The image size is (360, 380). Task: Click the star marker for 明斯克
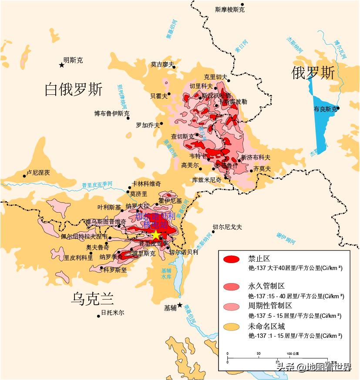point(61,65)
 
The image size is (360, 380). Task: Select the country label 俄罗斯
point(313,73)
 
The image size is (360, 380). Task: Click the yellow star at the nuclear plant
point(155,235)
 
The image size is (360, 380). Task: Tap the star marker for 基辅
point(180,305)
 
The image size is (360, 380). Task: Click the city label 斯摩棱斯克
point(229,10)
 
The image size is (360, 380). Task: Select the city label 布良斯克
point(325,109)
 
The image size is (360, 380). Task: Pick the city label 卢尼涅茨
point(38,173)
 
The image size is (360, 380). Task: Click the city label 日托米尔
point(112,313)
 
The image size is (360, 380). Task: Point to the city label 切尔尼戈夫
point(227,227)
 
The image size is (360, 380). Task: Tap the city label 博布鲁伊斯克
point(111,113)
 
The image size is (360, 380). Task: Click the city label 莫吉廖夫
point(162,64)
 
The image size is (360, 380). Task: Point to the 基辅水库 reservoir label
point(166,273)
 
